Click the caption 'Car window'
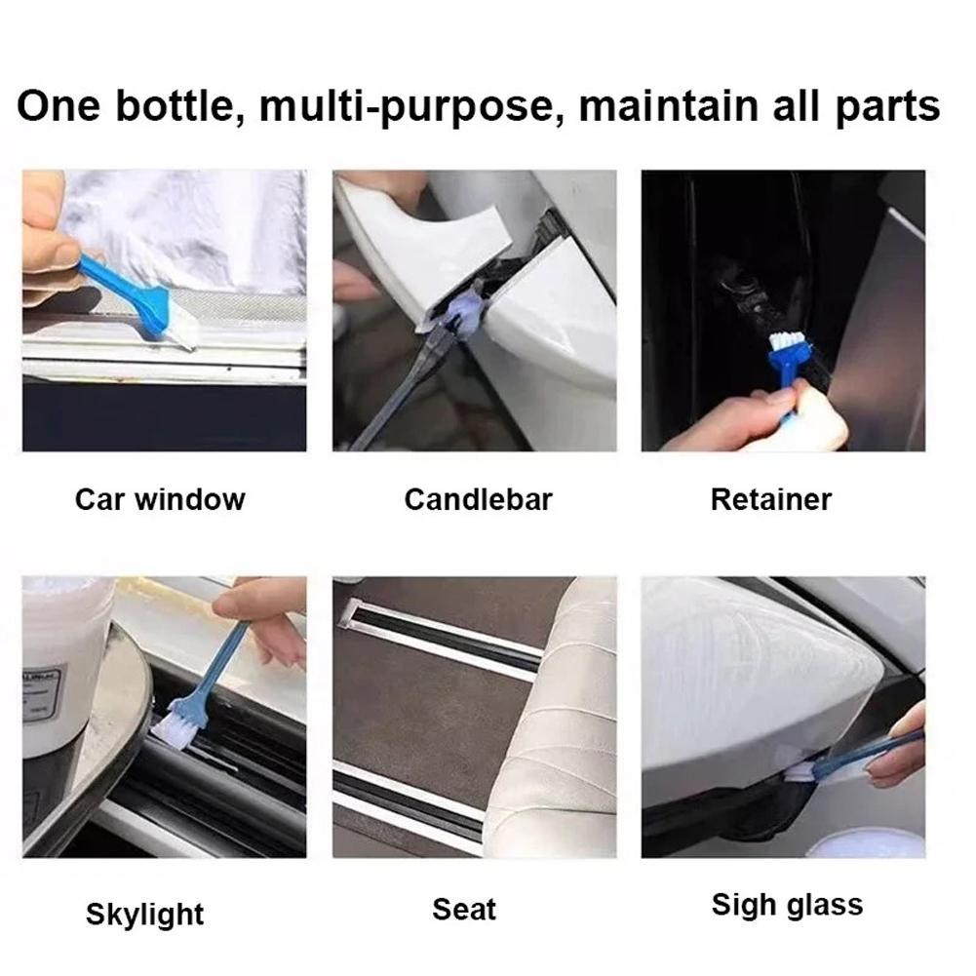tap(160, 500)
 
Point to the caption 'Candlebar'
tap(478, 500)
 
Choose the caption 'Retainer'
tap(770, 500)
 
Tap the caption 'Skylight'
tap(144, 915)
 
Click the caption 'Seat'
tap(464, 910)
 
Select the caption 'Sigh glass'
tap(787, 905)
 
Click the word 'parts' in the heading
tap(886, 106)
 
